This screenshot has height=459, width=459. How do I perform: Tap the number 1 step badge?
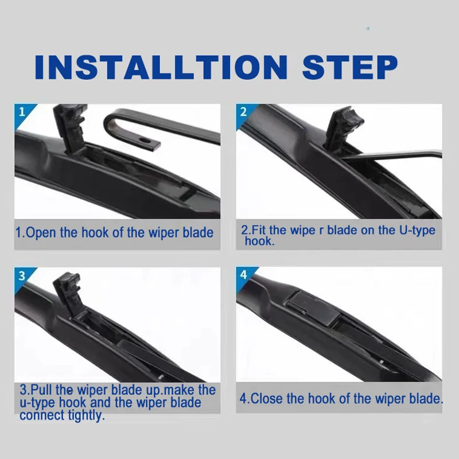[x=22, y=111]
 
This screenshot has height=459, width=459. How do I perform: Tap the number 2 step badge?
[x=243, y=111]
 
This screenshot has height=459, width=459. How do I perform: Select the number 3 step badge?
[x=22, y=275]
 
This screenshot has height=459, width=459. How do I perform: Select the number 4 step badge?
[x=243, y=275]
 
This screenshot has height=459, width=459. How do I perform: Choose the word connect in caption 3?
[x=41, y=415]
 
